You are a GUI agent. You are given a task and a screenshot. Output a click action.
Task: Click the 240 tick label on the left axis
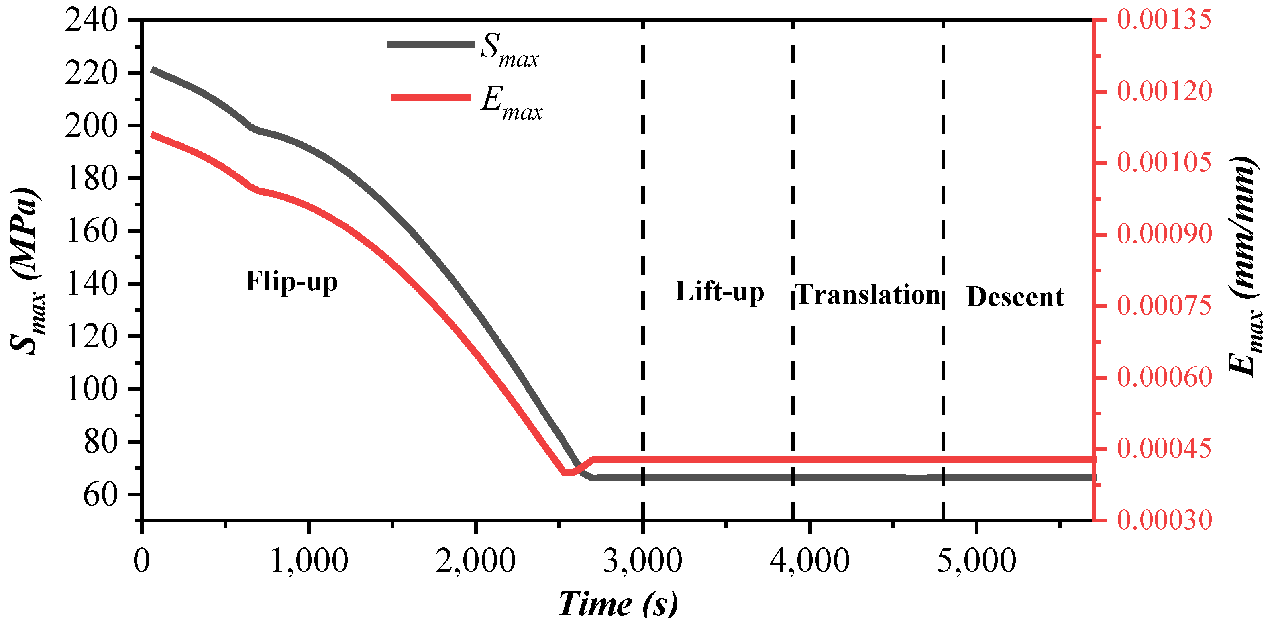[92, 21]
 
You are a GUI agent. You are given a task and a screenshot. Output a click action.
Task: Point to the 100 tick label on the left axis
[92, 389]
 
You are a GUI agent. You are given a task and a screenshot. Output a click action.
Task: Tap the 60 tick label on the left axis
[100, 494]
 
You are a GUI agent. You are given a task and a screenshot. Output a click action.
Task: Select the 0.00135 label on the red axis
[1164, 20]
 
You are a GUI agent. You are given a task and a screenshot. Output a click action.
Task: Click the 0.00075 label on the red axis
[1164, 306]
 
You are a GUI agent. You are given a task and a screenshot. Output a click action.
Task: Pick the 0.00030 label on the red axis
[1164, 520]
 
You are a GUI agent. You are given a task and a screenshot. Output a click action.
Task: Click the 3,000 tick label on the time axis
[642, 561]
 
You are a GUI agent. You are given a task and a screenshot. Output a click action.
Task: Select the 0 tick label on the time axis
[142, 561]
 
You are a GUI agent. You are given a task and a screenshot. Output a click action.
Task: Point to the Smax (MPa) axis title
[27, 271]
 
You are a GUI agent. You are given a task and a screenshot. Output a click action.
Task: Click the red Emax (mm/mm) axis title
[1244, 267]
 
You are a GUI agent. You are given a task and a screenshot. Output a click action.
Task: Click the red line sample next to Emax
[430, 97]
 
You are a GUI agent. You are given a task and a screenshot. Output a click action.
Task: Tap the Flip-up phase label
[291, 282]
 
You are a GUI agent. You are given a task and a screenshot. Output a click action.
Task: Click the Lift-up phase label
[720, 292]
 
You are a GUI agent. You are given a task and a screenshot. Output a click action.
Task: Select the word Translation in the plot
[868, 295]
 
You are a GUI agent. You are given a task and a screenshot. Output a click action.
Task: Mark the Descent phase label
[1015, 297]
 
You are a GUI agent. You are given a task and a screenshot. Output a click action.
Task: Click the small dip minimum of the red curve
[569, 473]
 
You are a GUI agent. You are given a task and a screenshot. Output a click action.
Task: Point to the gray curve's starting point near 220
[153, 70]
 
